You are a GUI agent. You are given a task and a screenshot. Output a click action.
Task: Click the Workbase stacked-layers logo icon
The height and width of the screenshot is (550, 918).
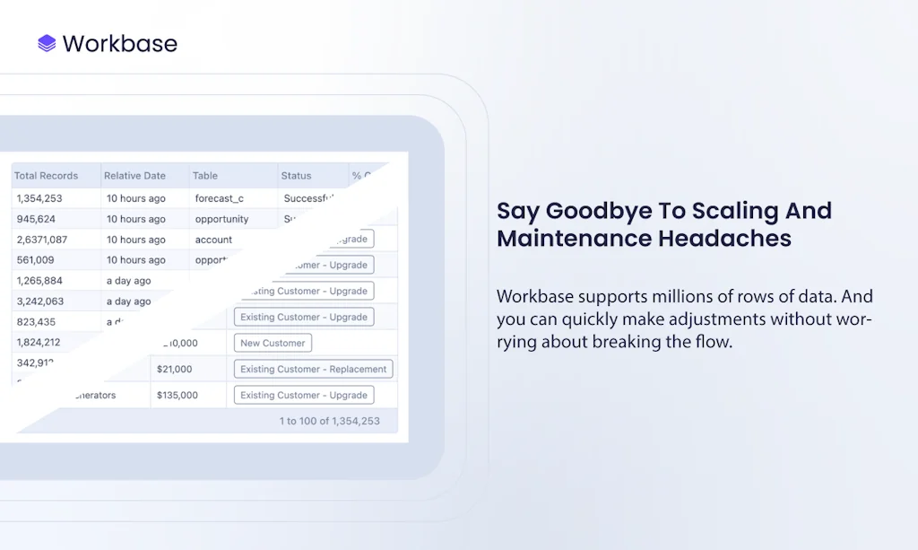[47, 43]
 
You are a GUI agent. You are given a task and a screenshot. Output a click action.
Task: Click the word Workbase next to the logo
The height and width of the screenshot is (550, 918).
[119, 43]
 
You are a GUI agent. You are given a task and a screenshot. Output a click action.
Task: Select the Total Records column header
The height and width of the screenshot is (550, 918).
[47, 176]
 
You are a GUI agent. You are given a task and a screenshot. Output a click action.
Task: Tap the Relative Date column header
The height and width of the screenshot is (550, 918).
[134, 176]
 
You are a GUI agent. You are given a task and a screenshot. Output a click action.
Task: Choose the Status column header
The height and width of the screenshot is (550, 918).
[296, 176]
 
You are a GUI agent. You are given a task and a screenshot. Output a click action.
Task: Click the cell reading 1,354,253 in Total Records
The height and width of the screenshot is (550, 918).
[39, 198]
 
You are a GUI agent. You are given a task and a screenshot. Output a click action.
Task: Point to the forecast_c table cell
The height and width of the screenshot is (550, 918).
[220, 198]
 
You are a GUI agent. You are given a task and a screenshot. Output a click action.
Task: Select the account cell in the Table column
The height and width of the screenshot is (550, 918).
[213, 240]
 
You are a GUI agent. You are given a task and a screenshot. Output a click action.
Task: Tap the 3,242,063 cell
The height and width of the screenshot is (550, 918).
[40, 301]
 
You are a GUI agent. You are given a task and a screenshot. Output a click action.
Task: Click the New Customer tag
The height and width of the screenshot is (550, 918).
[273, 343]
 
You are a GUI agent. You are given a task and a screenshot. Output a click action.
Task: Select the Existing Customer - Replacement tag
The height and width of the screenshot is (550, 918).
[313, 369]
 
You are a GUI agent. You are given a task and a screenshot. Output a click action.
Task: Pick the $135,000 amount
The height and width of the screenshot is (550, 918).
[178, 395]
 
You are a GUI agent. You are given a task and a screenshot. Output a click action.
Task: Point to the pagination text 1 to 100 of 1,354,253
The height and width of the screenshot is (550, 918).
[329, 421]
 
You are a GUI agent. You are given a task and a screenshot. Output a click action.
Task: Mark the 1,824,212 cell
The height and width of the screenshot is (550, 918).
[39, 342]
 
